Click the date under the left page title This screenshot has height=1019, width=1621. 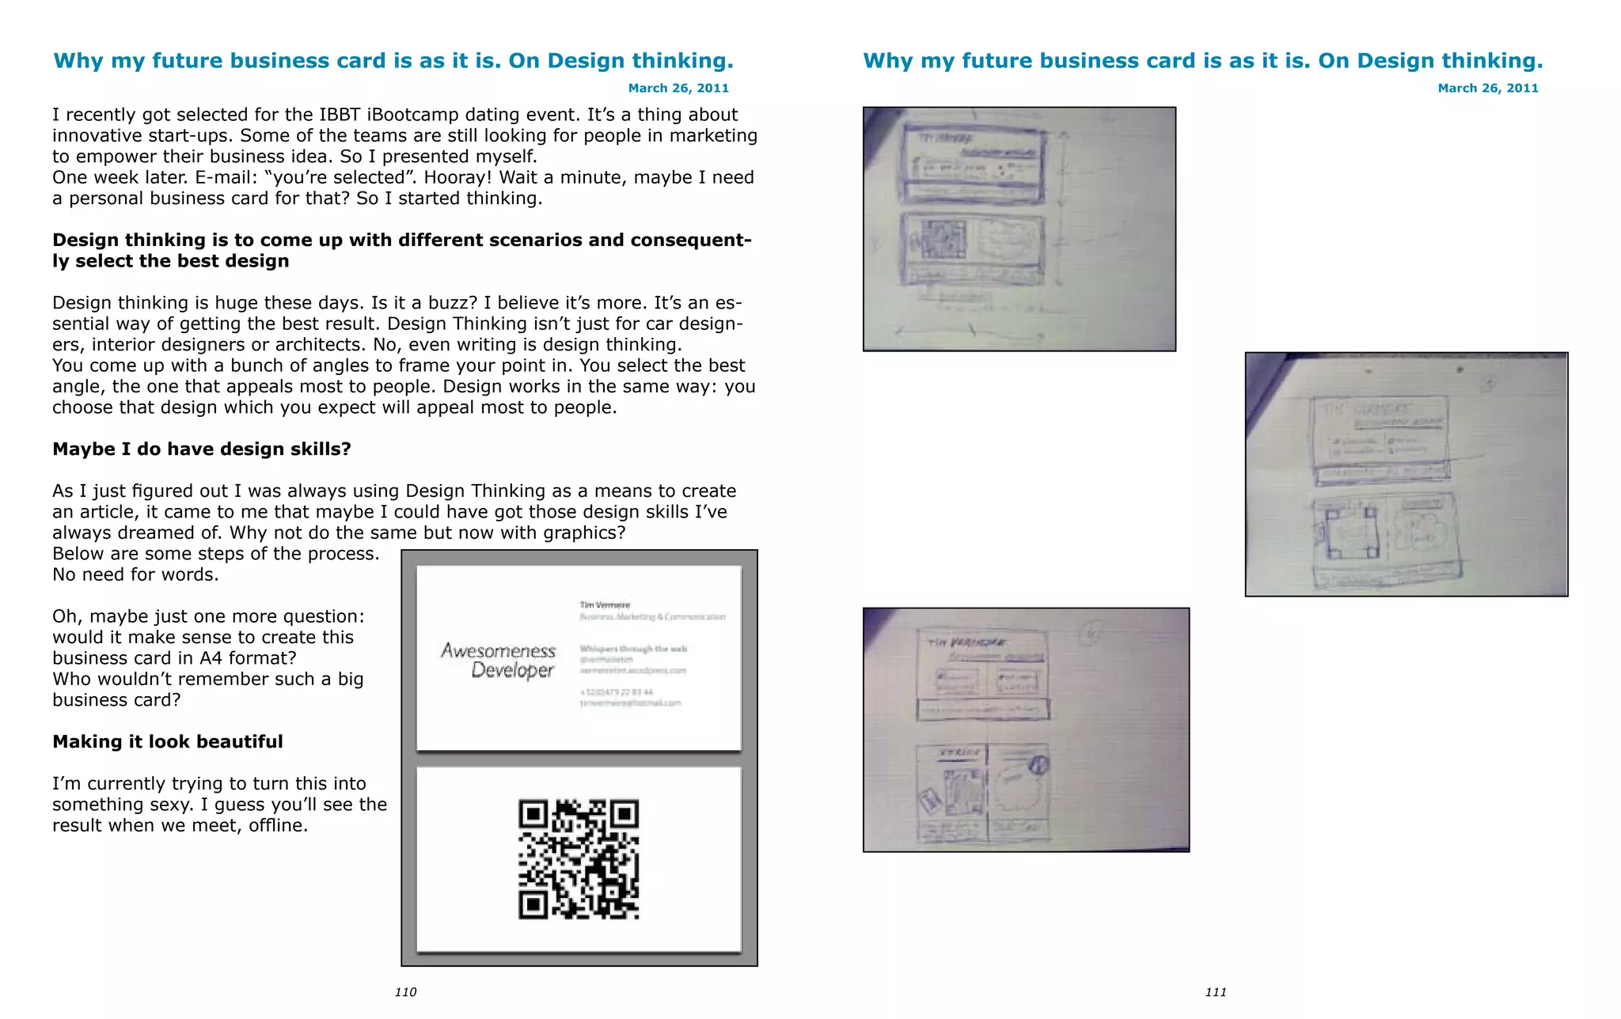[678, 88]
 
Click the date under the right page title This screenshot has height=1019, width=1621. [1488, 88]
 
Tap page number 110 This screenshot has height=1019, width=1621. [405, 992]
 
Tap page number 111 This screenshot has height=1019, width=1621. [1216, 992]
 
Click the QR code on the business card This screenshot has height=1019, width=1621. [579, 859]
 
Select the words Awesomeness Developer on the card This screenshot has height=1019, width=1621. [499, 661]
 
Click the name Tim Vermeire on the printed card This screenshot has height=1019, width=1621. [605, 604]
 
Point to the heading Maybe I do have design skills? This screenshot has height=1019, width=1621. [202, 449]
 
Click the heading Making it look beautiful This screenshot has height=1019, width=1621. [168, 742]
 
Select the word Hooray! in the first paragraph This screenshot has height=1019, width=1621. [456, 178]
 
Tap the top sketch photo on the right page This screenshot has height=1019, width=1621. [1019, 229]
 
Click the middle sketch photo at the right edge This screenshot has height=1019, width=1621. [1407, 475]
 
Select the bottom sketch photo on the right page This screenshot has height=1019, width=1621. [1026, 729]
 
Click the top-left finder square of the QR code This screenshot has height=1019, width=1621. [533, 814]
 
